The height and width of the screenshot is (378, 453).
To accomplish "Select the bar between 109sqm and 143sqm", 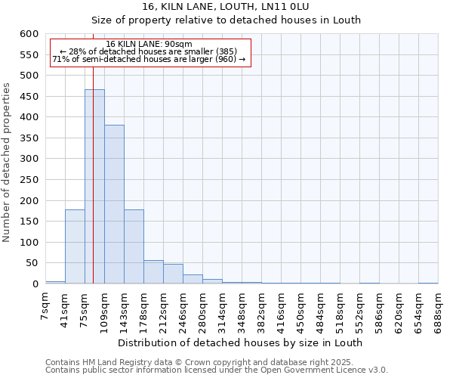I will coord(114,204).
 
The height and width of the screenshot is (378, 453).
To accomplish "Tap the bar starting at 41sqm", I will coord(75,246).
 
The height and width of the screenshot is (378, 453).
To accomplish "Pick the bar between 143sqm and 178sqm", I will coord(134,246).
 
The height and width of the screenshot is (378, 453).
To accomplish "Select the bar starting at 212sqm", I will coord(173,274).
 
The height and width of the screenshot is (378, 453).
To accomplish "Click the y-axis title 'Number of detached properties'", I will coord(8,160).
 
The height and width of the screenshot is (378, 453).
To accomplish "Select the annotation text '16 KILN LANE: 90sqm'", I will coord(149,44).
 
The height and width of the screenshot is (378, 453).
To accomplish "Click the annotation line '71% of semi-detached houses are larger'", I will coord(149,59).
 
